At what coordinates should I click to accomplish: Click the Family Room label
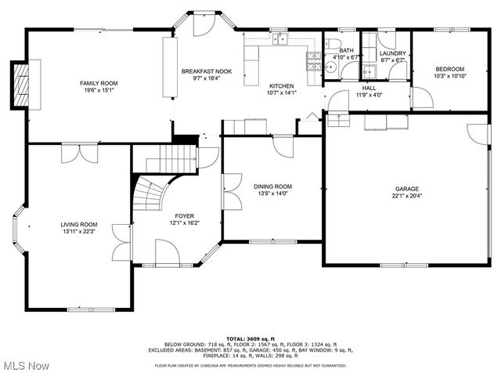coord(99,83)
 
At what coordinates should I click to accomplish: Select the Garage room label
coord(406,189)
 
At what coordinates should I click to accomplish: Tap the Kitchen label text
coord(281,85)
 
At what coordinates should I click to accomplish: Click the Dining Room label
coord(273,186)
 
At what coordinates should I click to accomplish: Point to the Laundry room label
coord(392,53)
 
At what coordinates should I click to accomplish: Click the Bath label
coord(345,51)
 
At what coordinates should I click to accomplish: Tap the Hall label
coord(369,89)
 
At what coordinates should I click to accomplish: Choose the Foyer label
coord(185,215)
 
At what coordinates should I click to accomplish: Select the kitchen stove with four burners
coord(314,62)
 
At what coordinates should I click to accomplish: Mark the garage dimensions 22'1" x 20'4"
coord(406,196)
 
